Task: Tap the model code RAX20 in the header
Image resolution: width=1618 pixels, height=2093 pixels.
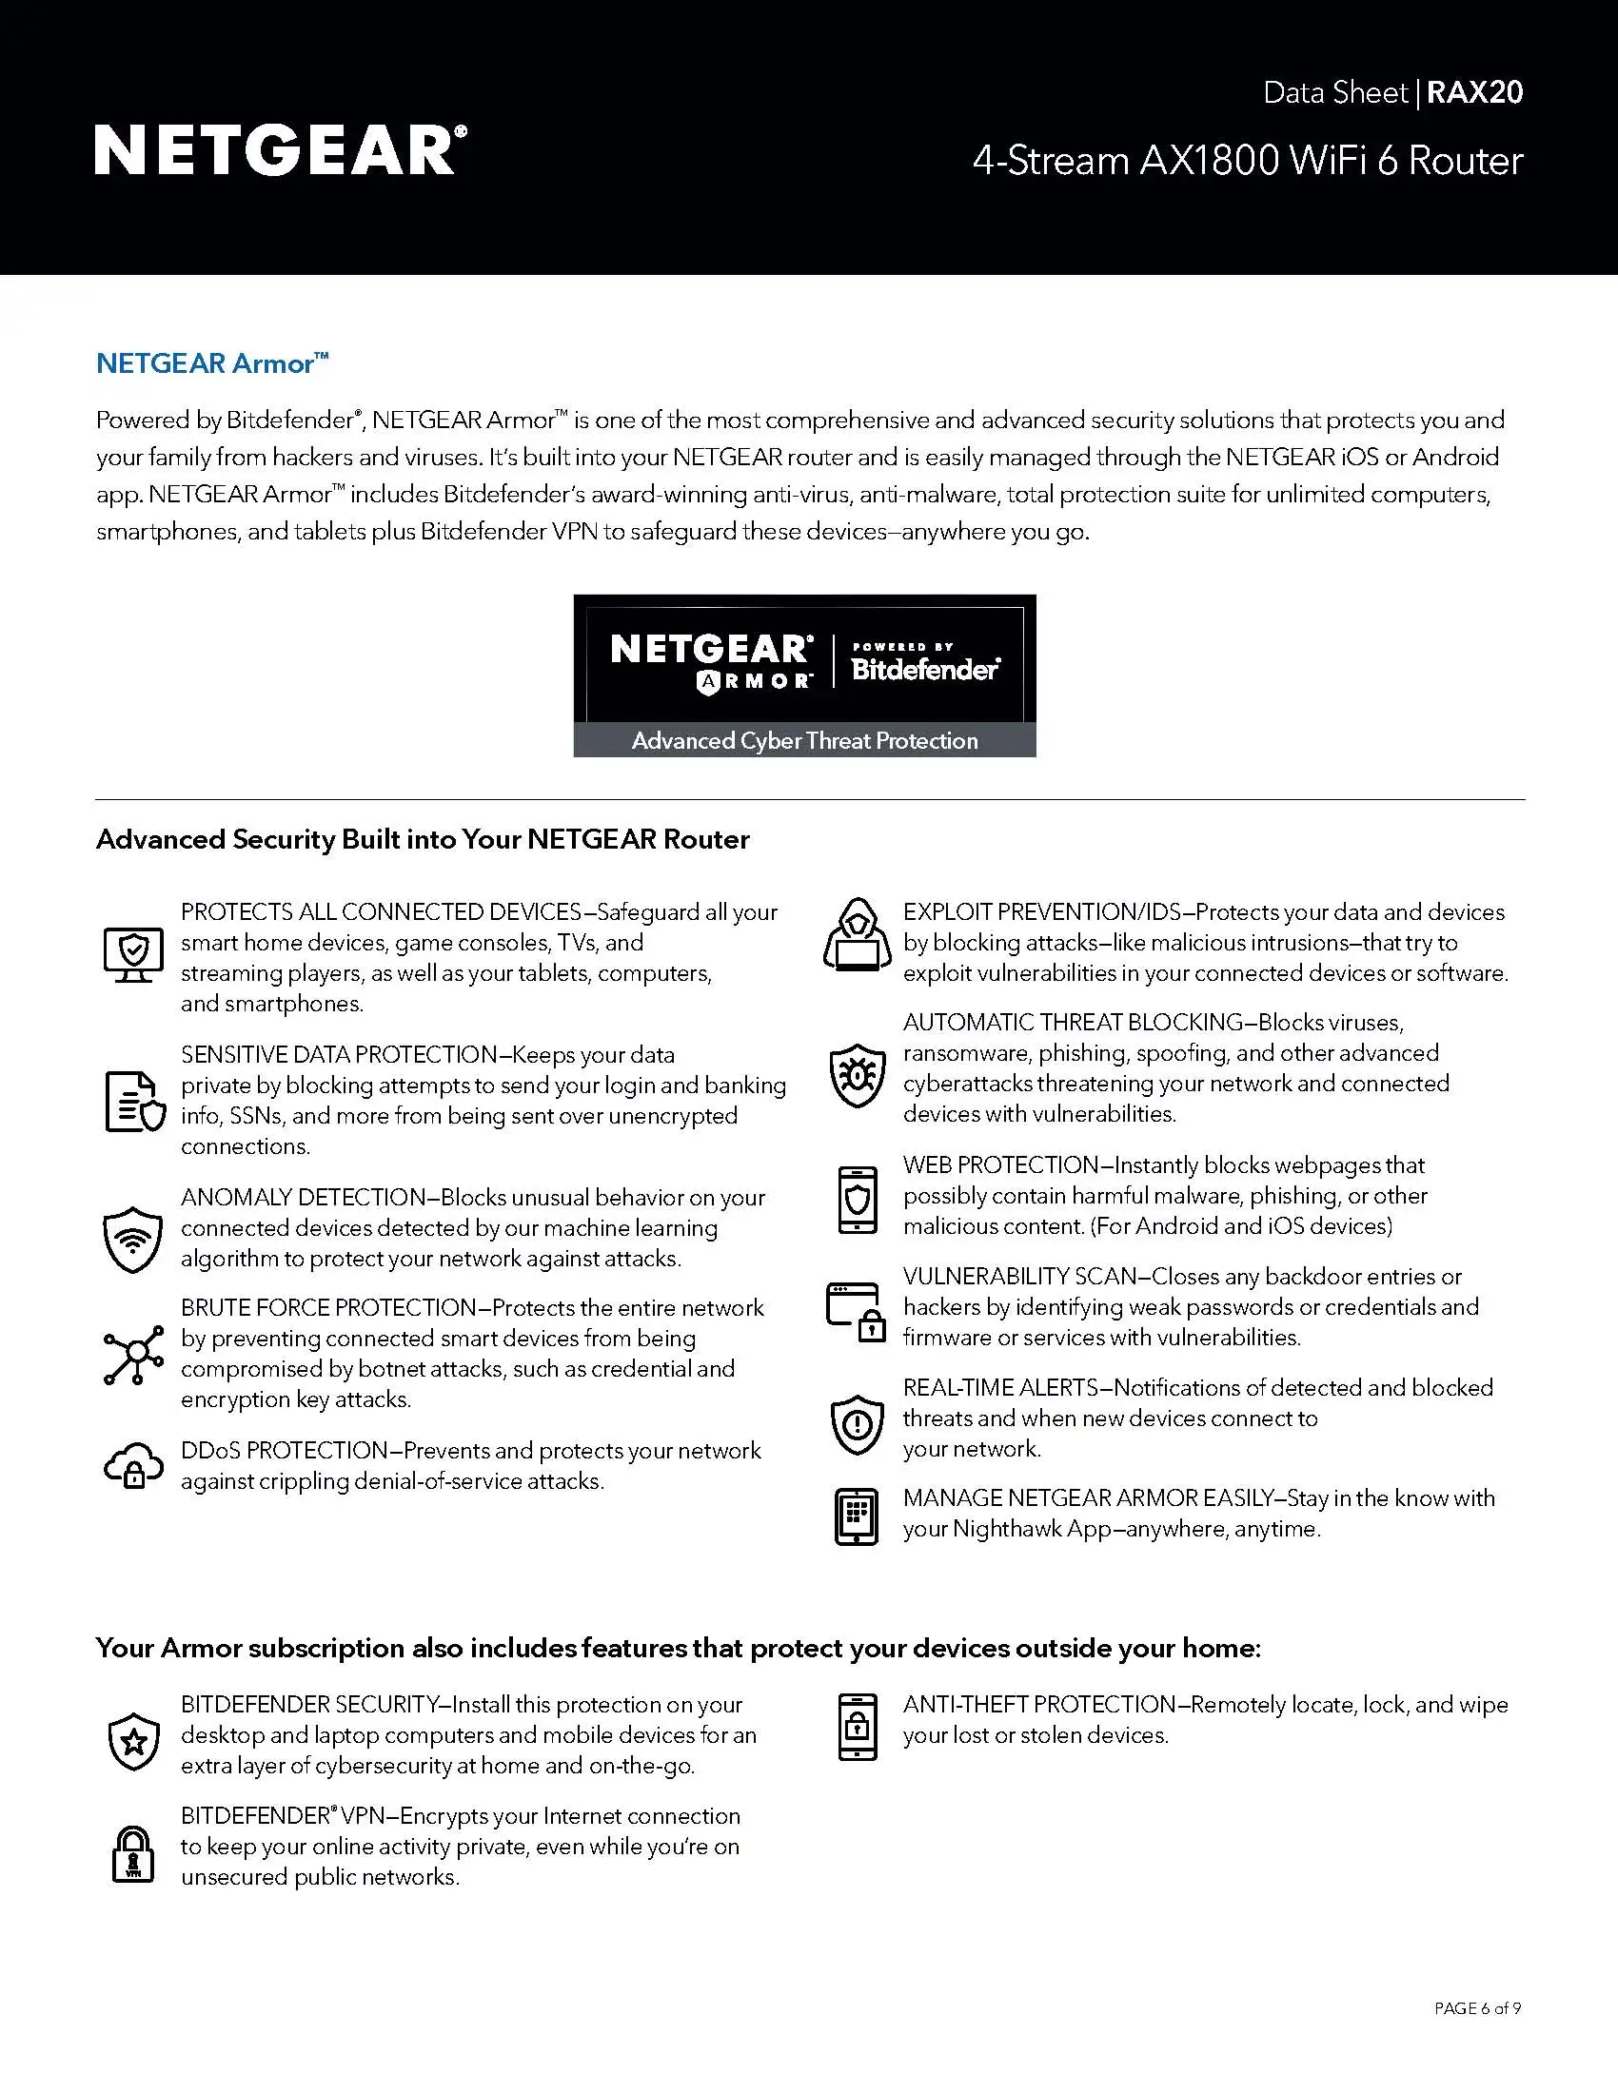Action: [x=1474, y=92]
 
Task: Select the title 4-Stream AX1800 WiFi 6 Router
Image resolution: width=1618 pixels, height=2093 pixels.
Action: [x=1247, y=161]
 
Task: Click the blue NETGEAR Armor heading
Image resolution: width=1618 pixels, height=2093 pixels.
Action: [x=212, y=363]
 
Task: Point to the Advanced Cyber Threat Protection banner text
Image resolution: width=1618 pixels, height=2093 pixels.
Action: [x=804, y=740]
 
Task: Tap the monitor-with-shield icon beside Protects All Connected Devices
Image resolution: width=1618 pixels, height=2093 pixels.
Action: [x=133, y=954]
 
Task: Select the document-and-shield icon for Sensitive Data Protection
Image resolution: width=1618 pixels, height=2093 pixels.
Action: [x=134, y=1101]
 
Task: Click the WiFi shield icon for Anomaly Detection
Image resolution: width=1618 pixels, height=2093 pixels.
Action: [x=132, y=1238]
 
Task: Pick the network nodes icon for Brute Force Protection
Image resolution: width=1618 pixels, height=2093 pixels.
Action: [x=134, y=1354]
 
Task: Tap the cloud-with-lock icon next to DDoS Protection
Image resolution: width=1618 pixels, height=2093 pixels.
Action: [x=133, y=1465]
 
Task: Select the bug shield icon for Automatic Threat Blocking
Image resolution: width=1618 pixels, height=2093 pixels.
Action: [x=857, y=1074]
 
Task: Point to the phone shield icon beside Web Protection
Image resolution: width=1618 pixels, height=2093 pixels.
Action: [x=857, y=1199]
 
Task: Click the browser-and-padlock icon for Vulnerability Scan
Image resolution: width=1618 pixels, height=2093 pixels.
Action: [x=856, y=1312]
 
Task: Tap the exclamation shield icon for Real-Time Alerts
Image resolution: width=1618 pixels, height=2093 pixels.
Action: [x=857, y=1424]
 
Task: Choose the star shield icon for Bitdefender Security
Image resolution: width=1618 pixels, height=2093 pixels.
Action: [x=134, y=1741]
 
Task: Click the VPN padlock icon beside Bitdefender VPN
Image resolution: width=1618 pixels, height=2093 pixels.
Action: [x=133, y=1853]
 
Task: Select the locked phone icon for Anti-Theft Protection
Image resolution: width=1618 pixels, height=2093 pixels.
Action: [x=857, y=1727]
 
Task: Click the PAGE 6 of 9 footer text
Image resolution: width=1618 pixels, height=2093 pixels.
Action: [x=1477, y=2007]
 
